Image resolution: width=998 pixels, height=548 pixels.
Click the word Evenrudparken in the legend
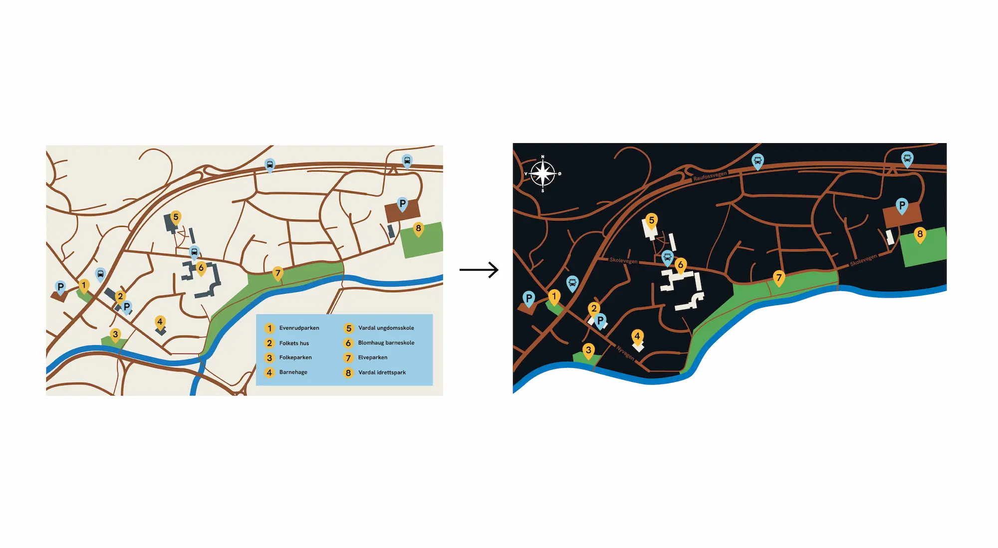pos(299,328)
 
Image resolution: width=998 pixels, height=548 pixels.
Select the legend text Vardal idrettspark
pos(382,372)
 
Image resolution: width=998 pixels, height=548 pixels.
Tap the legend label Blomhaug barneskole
pos(386,343)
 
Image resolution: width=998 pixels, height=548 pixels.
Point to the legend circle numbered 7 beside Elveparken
pos(348,358)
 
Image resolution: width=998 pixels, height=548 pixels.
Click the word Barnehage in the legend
pos(293,372)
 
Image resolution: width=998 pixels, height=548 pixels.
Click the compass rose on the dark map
pos(542,174)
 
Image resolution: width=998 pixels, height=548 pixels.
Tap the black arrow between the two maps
pos(479,270)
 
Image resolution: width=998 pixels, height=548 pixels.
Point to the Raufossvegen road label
pos(710,176)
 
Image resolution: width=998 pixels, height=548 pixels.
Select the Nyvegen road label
pos(625,353)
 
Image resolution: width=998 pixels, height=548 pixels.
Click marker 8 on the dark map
pos(920,235)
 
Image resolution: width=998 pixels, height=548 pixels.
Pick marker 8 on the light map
pos(418,229)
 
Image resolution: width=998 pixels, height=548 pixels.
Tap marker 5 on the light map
pos(176,218)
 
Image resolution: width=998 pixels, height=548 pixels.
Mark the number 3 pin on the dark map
pos(588,351)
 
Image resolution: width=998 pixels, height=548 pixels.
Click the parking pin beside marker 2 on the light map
pos(127,308)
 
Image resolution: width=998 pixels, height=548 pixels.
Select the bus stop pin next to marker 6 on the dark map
pos(667,258)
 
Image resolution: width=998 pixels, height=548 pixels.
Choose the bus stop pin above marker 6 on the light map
pos(194,252)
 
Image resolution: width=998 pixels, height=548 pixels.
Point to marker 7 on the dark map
pos(779,279)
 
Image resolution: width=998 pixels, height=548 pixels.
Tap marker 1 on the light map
pos(84,286)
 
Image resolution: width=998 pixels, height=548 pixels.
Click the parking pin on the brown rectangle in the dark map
pos(902,206)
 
